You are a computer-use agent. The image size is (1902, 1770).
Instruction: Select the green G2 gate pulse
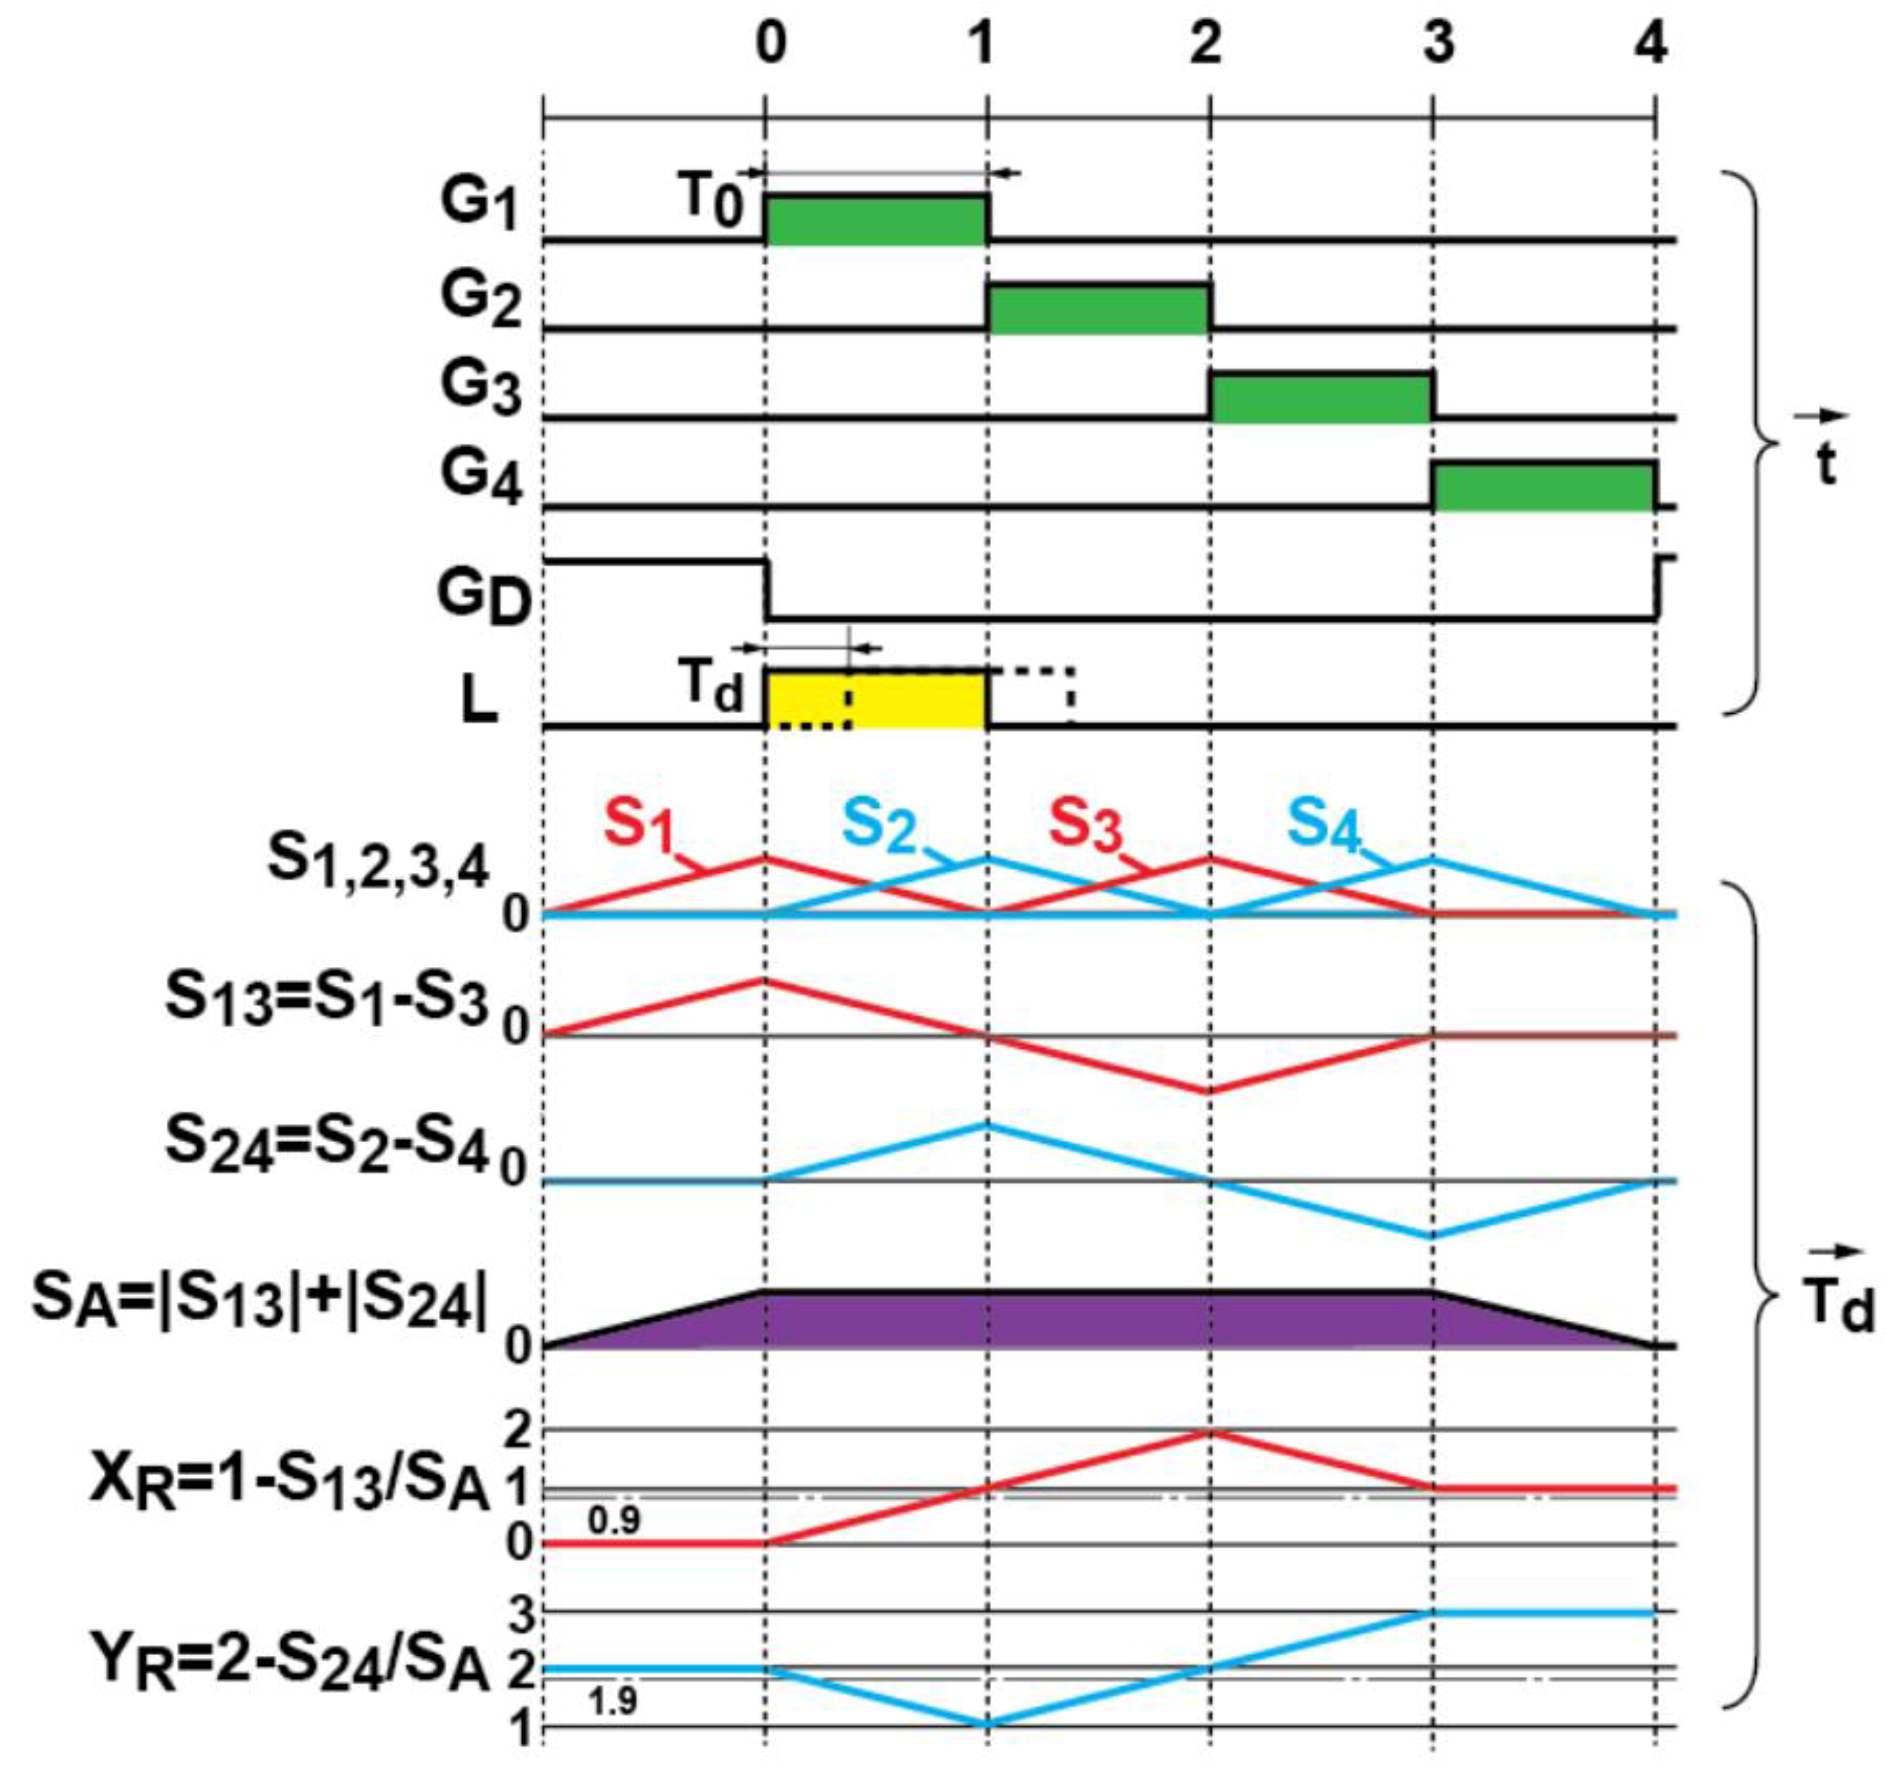[x=1098, y=309]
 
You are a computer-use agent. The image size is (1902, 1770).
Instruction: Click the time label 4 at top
[x=1651, y=45]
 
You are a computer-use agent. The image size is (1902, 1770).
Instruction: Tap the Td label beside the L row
[x=711, y=687]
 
